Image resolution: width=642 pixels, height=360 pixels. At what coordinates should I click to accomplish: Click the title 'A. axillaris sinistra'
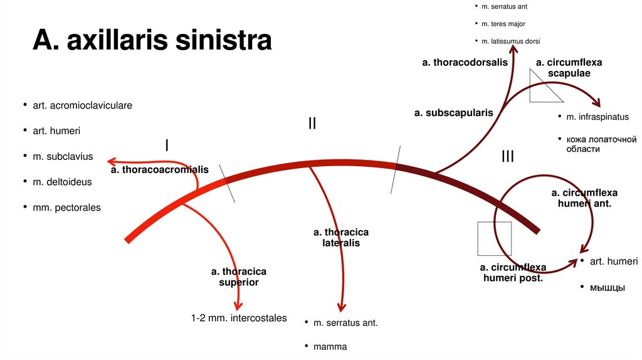[152, 41]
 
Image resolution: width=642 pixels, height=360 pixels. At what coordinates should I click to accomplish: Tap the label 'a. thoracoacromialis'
[159, 169]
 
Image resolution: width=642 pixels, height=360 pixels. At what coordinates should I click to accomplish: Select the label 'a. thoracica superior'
[238, 277]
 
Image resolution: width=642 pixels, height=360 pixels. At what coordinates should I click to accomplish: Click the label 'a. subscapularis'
[453, 113]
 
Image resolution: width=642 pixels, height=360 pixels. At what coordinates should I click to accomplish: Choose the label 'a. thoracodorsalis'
[465, 63]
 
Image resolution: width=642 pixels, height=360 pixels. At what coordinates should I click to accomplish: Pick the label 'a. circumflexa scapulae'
[569, 68]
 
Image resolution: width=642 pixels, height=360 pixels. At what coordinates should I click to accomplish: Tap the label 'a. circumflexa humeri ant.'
[584, 198]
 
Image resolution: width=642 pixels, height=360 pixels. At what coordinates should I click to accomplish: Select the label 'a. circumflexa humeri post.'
[513, 272]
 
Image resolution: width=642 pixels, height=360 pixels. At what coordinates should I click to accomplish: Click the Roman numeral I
[166, 146]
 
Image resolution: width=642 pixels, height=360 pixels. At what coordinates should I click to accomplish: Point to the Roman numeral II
[312, 124]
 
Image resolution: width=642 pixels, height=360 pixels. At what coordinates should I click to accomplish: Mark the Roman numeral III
[507, 156]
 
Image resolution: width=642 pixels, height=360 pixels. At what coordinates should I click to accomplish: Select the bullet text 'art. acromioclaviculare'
[82, 105]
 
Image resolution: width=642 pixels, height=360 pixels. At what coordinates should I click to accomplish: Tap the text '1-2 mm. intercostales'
[239, 318]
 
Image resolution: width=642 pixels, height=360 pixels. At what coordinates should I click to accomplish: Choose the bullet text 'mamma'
[330, 346]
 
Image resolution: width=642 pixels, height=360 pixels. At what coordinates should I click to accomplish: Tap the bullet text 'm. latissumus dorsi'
[510, 41]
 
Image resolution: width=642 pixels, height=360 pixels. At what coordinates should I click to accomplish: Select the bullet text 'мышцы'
[606, 287]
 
